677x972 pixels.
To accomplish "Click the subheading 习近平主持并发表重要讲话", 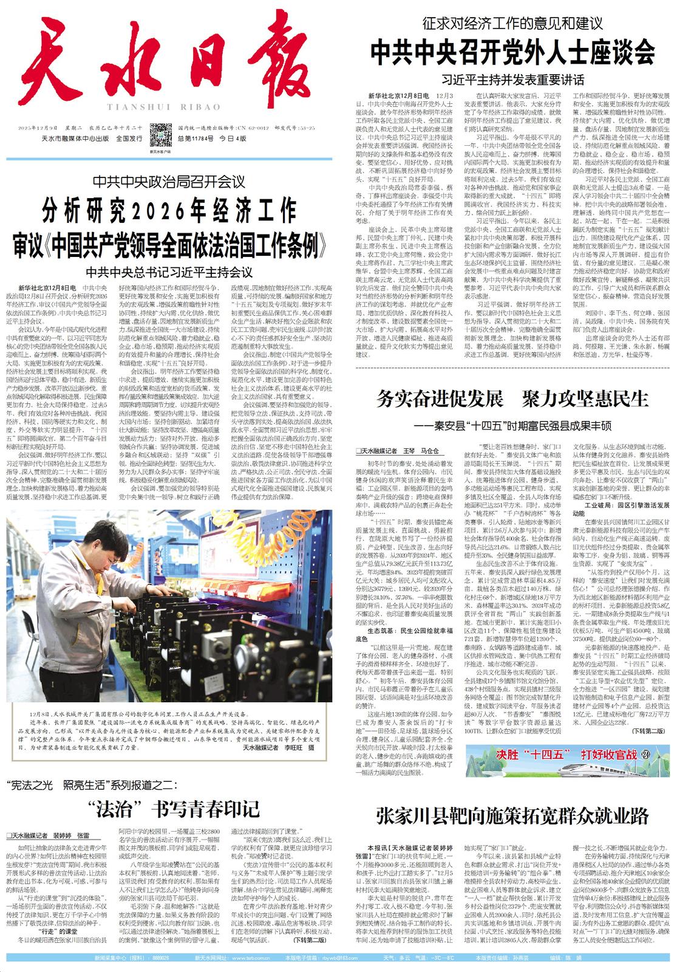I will pyautogui.click(x=513, y=80).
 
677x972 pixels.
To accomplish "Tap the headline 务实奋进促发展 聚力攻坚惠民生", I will pyautogui.click(x=512, y=399).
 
